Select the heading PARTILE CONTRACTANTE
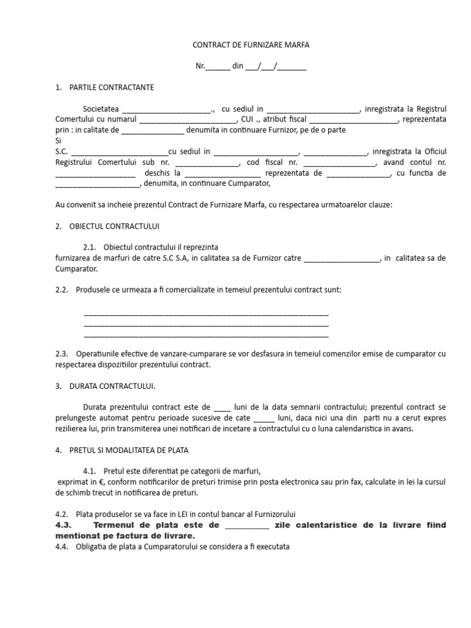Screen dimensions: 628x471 (x=112, y=88)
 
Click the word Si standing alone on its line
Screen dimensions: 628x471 (x=59, y=140)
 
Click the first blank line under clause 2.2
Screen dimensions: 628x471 (x=205, y=315)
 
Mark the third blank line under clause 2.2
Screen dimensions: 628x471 (x=205, y=336)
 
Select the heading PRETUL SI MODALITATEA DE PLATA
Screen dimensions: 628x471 (x=129, y=450)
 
